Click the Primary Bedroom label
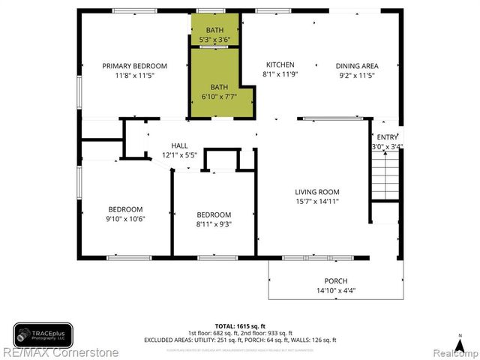(x=135, y=66)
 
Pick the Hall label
(x=180, y=145)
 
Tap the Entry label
(x=388, y=137)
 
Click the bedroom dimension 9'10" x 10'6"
(x=125, y=219)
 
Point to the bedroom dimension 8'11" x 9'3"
(x=214, y=223)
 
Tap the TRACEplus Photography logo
(x=43, y=334)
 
